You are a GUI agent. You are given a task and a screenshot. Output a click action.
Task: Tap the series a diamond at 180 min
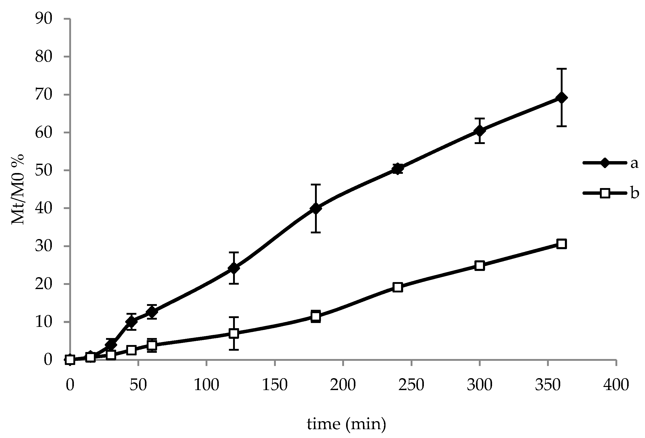click(x=316, y=208)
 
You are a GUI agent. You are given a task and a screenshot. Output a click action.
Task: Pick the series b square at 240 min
click(x=398, y=288)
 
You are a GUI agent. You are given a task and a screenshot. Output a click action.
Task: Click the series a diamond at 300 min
click(x=480, y=131)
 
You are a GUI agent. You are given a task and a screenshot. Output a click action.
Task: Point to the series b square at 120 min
click(x=234, y=333)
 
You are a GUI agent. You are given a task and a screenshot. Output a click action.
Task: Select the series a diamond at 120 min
click(x=234, y=268)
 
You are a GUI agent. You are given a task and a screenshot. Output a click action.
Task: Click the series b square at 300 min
click(x=480, y=265)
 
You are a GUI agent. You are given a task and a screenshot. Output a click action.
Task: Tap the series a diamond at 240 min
click(x=398, y=169)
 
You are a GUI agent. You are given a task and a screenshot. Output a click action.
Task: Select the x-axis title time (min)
click(x=346, y=424)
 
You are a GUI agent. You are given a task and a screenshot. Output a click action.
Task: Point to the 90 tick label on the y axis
click(x=44, y=19)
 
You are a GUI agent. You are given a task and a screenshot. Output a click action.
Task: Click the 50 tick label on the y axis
click(x=44, y=170)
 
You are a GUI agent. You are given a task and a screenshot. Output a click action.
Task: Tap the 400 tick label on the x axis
click(x=616, y=385)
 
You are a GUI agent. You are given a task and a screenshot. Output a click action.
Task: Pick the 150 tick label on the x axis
click(x=275, y=385)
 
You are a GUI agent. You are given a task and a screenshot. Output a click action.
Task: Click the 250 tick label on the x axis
click(x=411, y=385)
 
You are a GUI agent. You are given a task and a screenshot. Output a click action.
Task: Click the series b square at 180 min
click(x=316, y=316)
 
